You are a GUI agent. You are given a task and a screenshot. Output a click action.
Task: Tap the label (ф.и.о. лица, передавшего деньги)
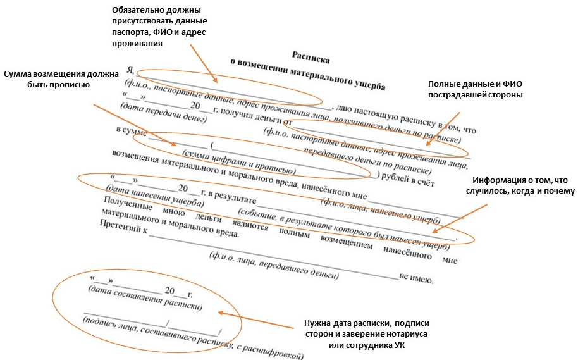tap(273, 266)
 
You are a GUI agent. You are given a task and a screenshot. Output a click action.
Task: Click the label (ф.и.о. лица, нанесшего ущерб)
tap(379, 211)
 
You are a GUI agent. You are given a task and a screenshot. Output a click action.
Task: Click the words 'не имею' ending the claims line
tap(415, 278)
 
